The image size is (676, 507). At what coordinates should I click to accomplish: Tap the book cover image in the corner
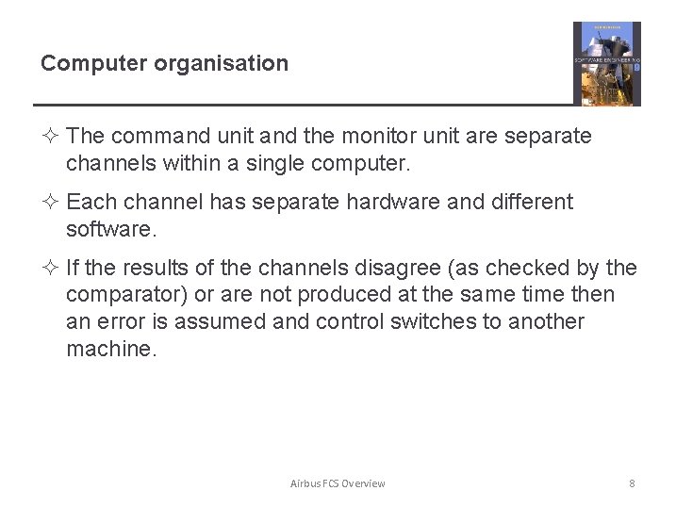606,63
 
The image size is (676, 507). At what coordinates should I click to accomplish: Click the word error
124,322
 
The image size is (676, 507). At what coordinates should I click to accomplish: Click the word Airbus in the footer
305,483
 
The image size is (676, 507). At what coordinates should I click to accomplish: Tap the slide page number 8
632,483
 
